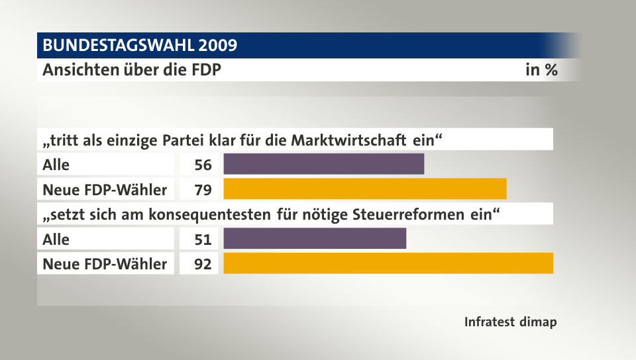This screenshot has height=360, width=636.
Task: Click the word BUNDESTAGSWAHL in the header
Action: pyautogui.click(x=117, y=46)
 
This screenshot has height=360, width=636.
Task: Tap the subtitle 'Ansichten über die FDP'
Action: pyautogui.click(x=132, y=70)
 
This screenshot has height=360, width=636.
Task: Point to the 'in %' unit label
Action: pyautogui.click(x=541, y=70)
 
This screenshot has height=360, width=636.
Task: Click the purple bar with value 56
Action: pyautogui.click(x=324, y=164)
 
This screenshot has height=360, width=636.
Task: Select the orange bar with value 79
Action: pyautogui.click(x=365, y=189)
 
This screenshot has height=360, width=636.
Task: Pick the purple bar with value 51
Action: pyautogui.click(x=315, y=239)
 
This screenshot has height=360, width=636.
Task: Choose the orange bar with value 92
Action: pyautogui.click(x=388, y=263)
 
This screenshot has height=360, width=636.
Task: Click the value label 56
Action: pyautogui.click(x=203, y=165)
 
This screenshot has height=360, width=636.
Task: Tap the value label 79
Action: pyautogui.click(x=203, y=190)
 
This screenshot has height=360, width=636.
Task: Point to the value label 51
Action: pyautogui.click(x=203, y=239)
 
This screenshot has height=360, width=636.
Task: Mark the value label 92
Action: pyautogui.click(x=203, y=264)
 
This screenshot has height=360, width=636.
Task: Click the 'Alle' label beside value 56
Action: pyautogui.click(x=56, y=165)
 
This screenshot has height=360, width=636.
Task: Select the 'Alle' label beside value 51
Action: pyautogui.click(x=56, y=239)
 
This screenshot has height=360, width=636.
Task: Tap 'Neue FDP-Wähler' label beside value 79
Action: pyautogui.click(x=105, y=190)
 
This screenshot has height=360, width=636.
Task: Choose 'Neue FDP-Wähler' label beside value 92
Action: pyautogui.click(x=105, y=264)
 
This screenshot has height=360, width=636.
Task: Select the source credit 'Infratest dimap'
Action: pyautogui.click(x=510, y=322)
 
